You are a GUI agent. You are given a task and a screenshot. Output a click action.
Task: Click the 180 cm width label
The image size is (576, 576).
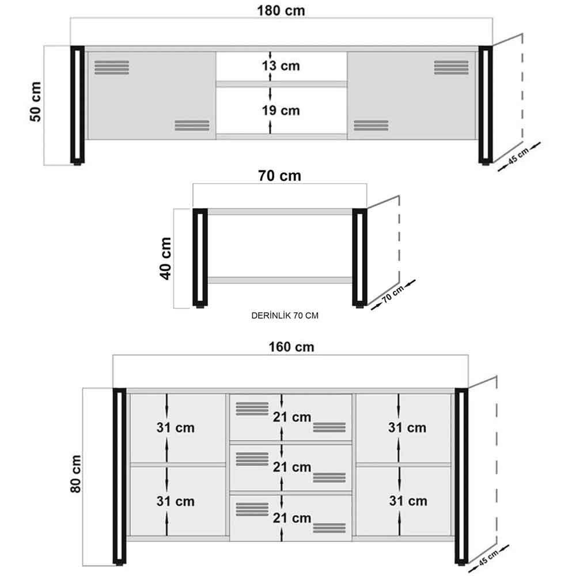point(281,10)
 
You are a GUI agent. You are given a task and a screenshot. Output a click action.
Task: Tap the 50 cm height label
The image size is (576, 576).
point(36,102)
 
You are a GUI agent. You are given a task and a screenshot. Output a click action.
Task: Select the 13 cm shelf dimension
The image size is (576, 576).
point(281,66)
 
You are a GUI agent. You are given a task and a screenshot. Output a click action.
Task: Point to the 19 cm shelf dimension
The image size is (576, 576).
point(281,110)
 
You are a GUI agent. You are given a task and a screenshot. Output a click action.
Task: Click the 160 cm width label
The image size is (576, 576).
point(291,347)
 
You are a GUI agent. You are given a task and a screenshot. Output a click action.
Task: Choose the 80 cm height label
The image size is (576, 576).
point(75,474)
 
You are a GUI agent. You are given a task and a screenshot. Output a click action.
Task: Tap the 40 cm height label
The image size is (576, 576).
point(166,259)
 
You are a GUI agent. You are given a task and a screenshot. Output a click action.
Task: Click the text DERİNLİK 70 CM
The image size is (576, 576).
point(285,316)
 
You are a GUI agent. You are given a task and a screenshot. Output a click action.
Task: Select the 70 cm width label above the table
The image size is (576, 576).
point(279,176)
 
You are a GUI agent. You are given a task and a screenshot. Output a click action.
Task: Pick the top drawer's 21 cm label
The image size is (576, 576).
point(292,417)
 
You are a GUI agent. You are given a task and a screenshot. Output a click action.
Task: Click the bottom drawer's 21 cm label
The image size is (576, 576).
point(292,518)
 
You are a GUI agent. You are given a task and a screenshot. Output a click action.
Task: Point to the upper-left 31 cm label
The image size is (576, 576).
point(176,427)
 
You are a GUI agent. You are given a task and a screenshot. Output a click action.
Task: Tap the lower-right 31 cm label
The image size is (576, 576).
point(408,501)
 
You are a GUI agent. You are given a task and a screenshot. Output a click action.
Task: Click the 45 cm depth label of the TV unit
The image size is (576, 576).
point(518,156)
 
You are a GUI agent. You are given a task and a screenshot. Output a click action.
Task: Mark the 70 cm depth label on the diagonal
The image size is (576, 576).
point(393,294)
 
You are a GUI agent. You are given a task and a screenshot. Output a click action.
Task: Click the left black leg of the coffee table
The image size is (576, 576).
point(200,257)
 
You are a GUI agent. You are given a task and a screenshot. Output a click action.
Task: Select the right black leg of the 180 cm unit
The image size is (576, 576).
point(485,105)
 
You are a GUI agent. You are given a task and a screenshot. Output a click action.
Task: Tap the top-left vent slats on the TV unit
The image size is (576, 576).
point(112,67)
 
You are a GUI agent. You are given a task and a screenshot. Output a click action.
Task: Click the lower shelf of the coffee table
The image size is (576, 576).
point(280,281)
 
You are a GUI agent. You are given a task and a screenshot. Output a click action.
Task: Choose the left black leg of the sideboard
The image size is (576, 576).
point(119,476)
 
